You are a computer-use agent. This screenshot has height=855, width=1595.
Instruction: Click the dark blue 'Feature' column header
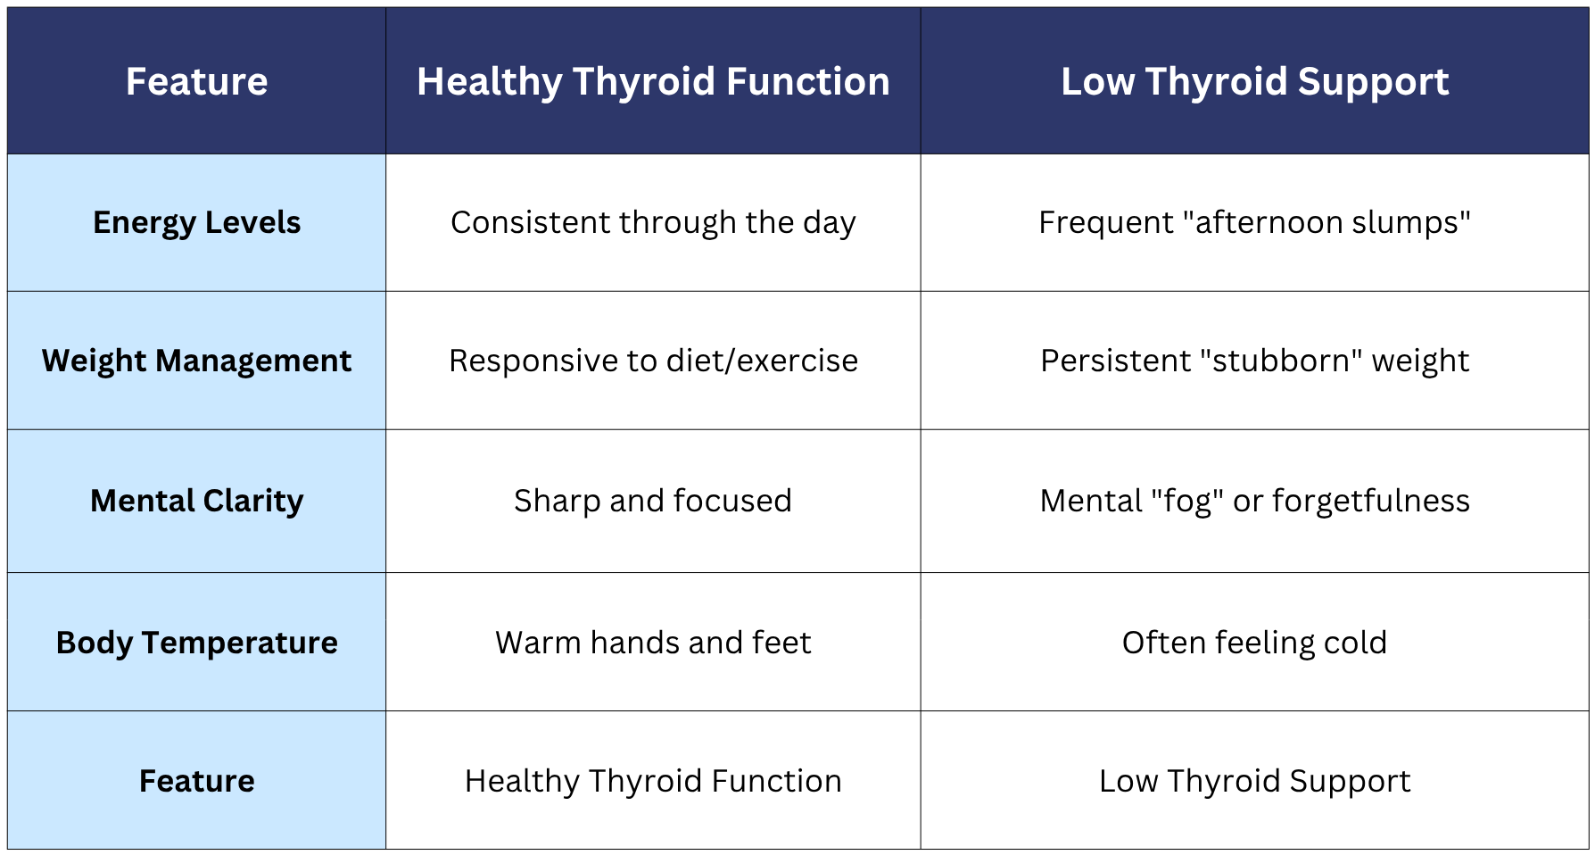(196, 81)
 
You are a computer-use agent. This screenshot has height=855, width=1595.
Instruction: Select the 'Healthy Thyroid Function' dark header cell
(653, 81)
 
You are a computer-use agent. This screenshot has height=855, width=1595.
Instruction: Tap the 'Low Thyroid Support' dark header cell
(1254, 81)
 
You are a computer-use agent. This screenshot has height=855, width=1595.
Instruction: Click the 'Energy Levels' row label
(196, 222)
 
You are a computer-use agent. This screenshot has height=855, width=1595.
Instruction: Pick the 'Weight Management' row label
(196, 361)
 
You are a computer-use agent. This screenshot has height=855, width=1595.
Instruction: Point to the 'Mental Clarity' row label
(196, 501)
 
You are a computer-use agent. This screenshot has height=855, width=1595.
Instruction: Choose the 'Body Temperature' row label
(196, 642)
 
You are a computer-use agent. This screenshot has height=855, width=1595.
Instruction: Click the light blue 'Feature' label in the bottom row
(196, 780)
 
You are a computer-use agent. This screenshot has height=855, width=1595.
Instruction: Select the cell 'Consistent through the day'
(653, 222)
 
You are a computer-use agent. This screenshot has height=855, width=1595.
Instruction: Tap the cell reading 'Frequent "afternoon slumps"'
(1254, 222)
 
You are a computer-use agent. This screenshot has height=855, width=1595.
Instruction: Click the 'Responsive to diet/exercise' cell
(653, 361)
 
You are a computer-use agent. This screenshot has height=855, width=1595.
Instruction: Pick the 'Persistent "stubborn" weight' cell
(1254, 361)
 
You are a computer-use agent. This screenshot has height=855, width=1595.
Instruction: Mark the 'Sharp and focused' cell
(653, 501)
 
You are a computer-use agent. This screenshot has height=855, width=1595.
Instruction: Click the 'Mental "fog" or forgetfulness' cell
(1254, 501)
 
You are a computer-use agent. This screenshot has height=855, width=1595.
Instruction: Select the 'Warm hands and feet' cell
(653, 642)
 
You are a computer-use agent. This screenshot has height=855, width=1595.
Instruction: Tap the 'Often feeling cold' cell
(1254, 642)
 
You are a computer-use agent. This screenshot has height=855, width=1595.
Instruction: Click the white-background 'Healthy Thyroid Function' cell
(653, 780)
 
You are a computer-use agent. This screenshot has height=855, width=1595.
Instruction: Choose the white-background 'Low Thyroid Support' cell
(1254, 780)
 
